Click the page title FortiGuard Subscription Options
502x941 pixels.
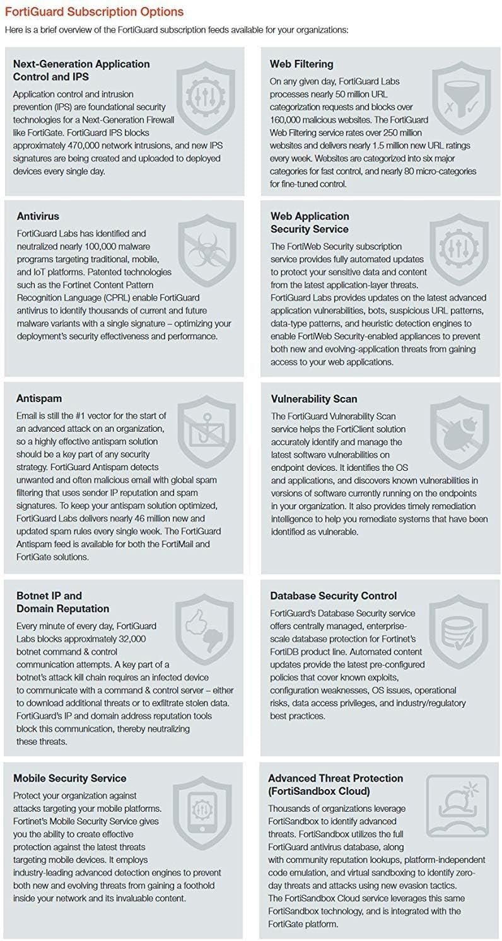94,12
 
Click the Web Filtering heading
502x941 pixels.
301,64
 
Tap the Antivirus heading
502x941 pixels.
38,216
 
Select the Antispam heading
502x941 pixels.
40,399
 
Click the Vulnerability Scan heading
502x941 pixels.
314,399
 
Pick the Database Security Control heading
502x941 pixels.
334,596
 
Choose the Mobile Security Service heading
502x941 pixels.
70,778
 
